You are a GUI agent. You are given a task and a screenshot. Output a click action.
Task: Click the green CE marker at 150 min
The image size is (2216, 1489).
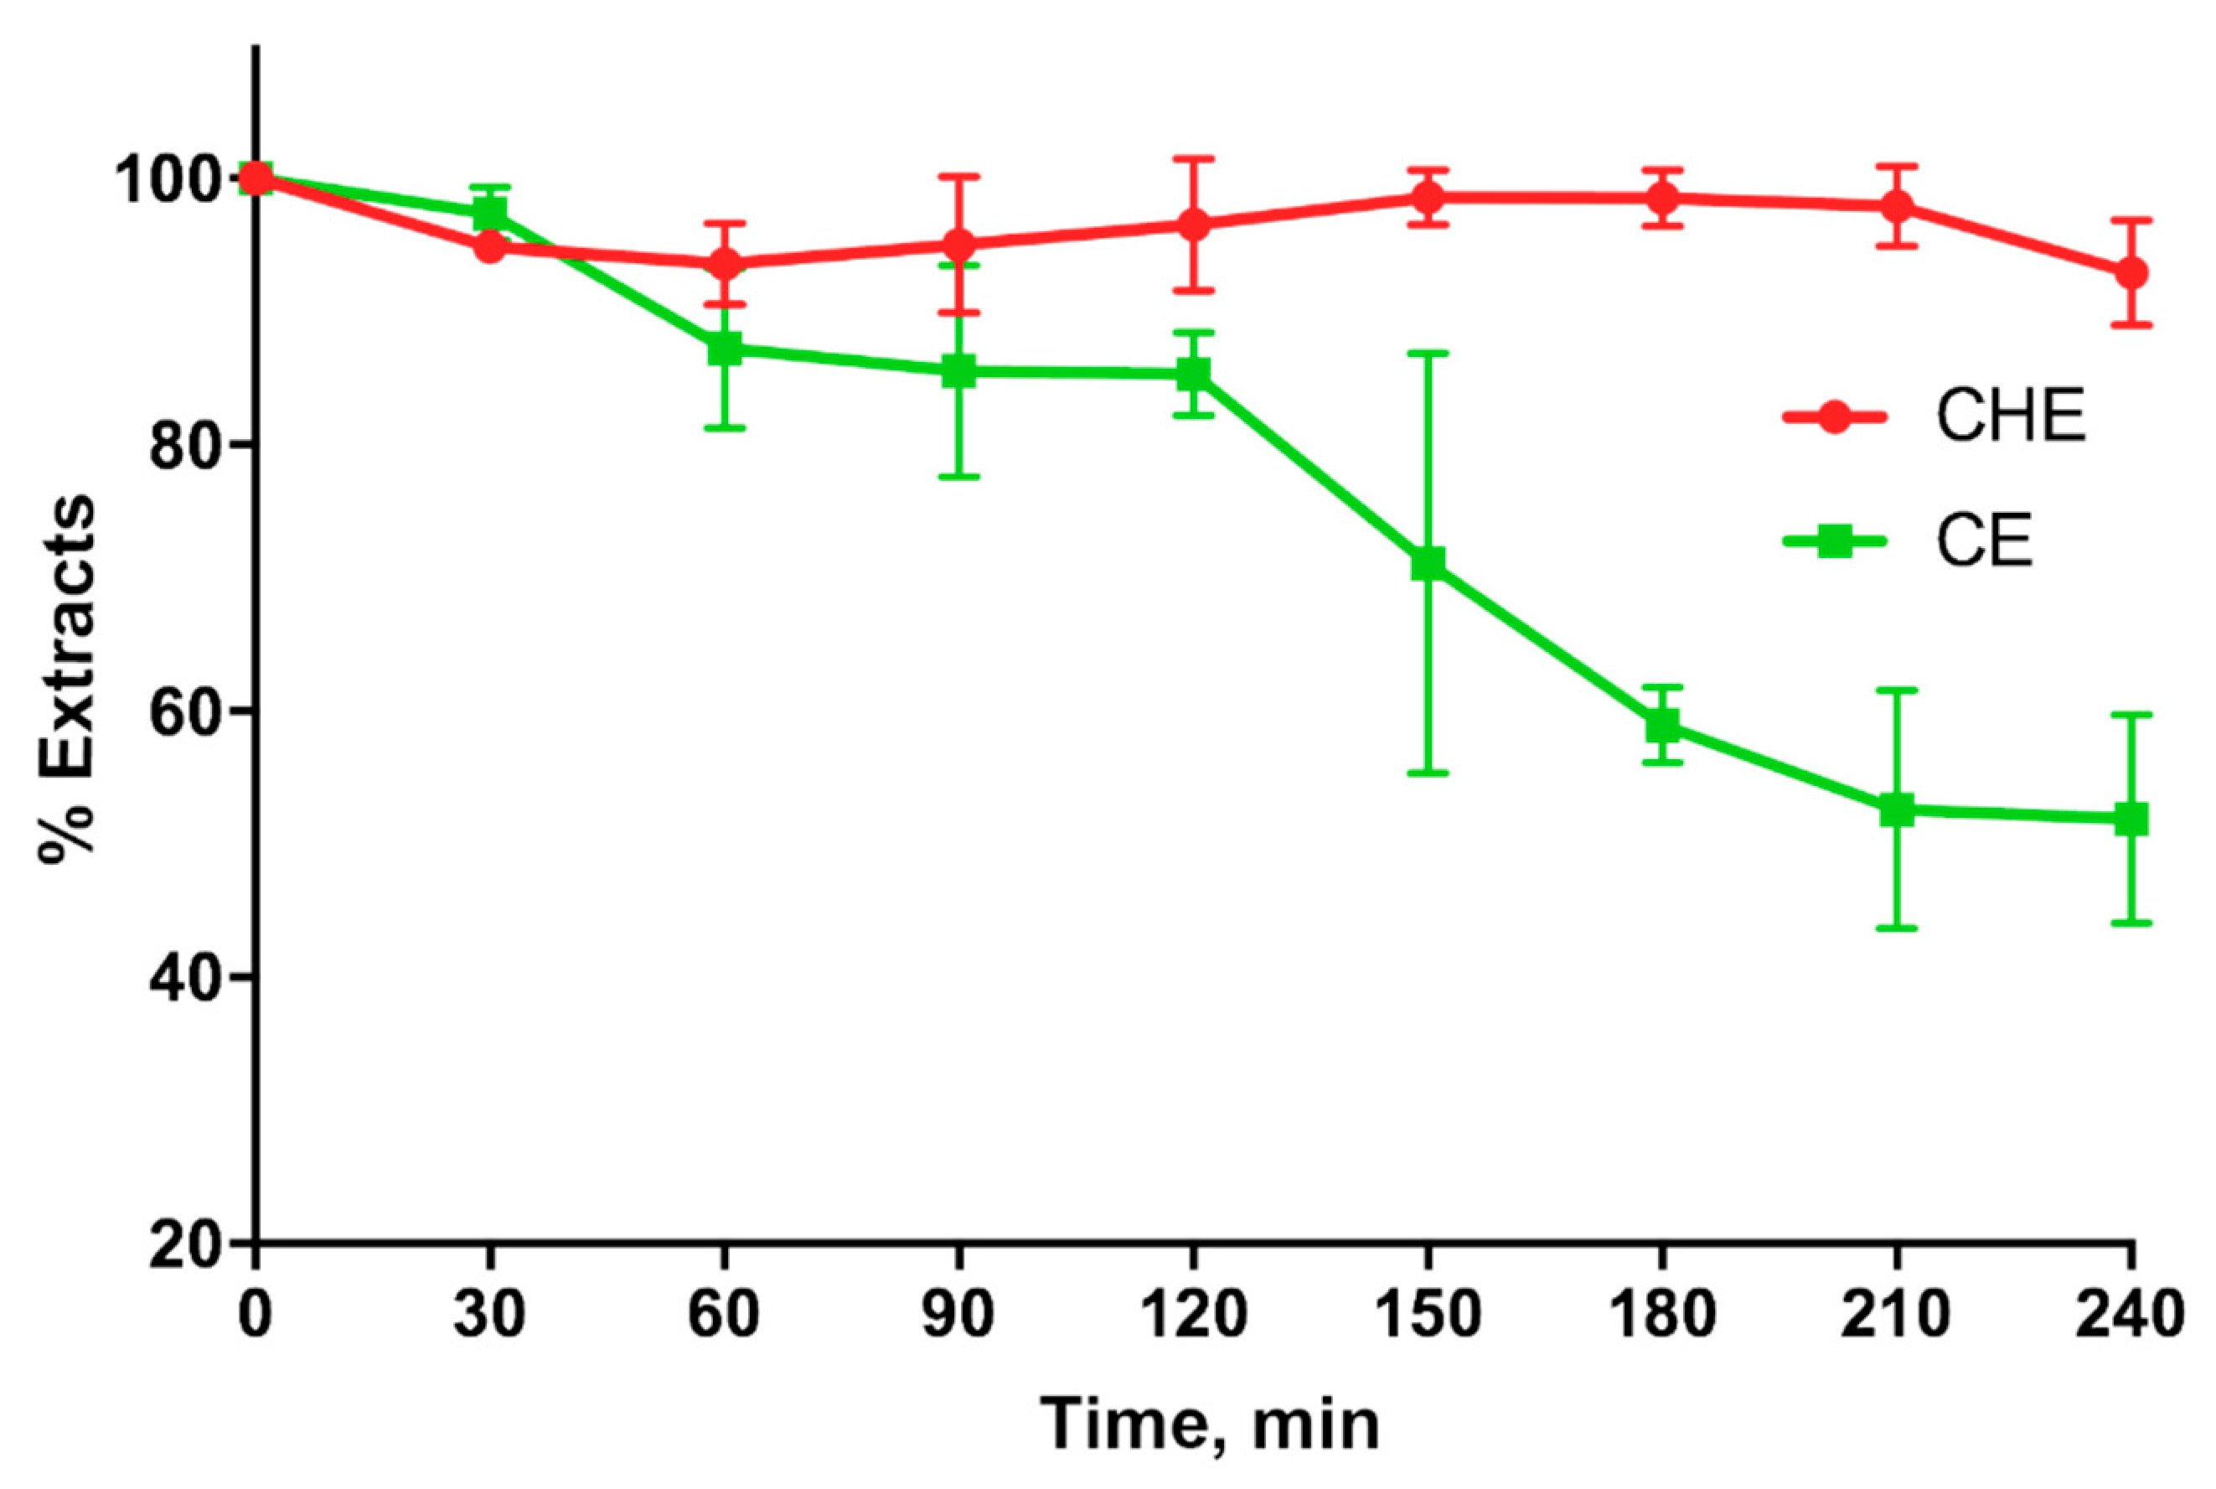pyautogui.click(x=1427, y=564)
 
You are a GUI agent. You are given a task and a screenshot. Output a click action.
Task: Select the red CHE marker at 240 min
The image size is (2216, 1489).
pyautogui.click(x=2131, y=273)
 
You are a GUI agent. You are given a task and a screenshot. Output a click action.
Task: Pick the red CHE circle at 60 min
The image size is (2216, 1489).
pyautogui.click(x=726, y=264)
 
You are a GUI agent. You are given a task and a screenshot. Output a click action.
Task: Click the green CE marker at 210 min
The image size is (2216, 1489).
pyautogui.click(x=1897, y=810)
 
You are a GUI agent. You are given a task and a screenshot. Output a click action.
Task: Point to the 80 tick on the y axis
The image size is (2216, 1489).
pyautogui.click(x=183, y=447)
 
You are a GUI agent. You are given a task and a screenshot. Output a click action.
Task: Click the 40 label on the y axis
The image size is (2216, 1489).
pyautogui.click(x=183, y=978)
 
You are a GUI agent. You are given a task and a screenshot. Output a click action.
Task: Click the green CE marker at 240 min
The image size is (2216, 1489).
pyautogui.click(x=2131, y=819)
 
